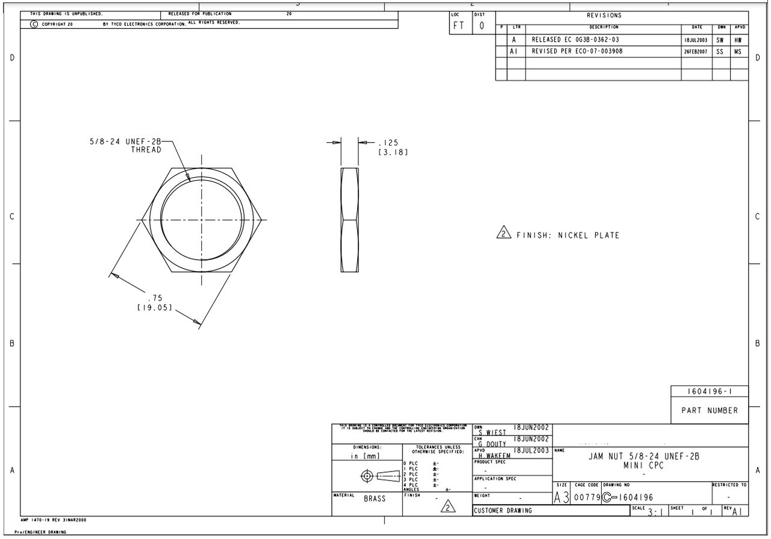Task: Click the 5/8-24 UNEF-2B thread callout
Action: click(x=126, y=145)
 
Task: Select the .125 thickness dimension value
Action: click(x=387, y=143)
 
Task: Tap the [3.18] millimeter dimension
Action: click(x=393, y=152)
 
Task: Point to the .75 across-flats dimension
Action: click(x=155, y=298)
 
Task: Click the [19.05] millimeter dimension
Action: click(x=154, y=308)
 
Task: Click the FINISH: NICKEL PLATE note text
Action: click(x=567, y=235)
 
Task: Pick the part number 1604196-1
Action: click(x=710, y=391)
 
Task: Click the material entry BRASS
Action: click(x=374, y=499)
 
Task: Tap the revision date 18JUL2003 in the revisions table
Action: click(x=696, y=40)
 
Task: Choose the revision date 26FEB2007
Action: click(x=696, y=52)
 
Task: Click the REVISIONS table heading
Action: click(x=604, y=16)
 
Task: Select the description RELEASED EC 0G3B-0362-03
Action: click(x=575, y=40)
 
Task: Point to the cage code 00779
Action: click(x=586, y=497)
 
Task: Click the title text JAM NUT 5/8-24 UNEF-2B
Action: click(x=644, y=456)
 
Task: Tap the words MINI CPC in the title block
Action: click(x=643, y=466)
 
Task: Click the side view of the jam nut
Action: click(x=349, y=220)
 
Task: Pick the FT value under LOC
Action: click(x=459, y=26)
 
